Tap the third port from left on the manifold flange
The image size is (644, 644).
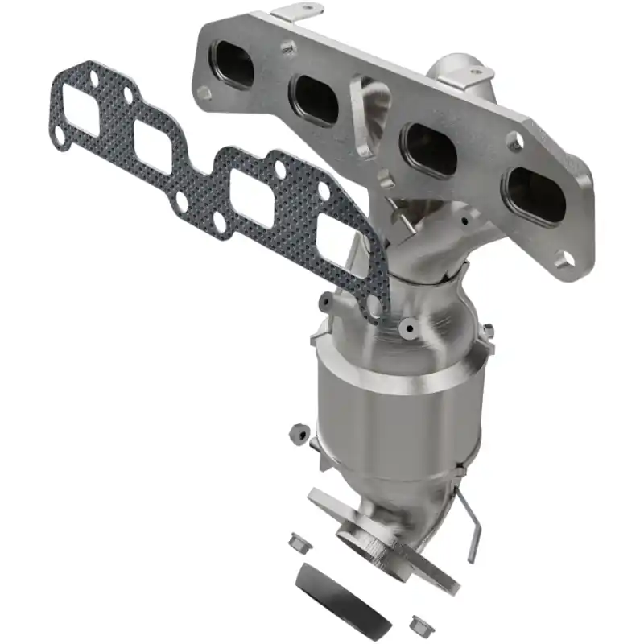coord(429,150)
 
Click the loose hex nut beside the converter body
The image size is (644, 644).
coord(299,433)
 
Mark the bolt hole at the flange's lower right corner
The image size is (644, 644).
coord(564,259)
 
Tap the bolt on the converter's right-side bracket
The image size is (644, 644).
coord(487,331)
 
